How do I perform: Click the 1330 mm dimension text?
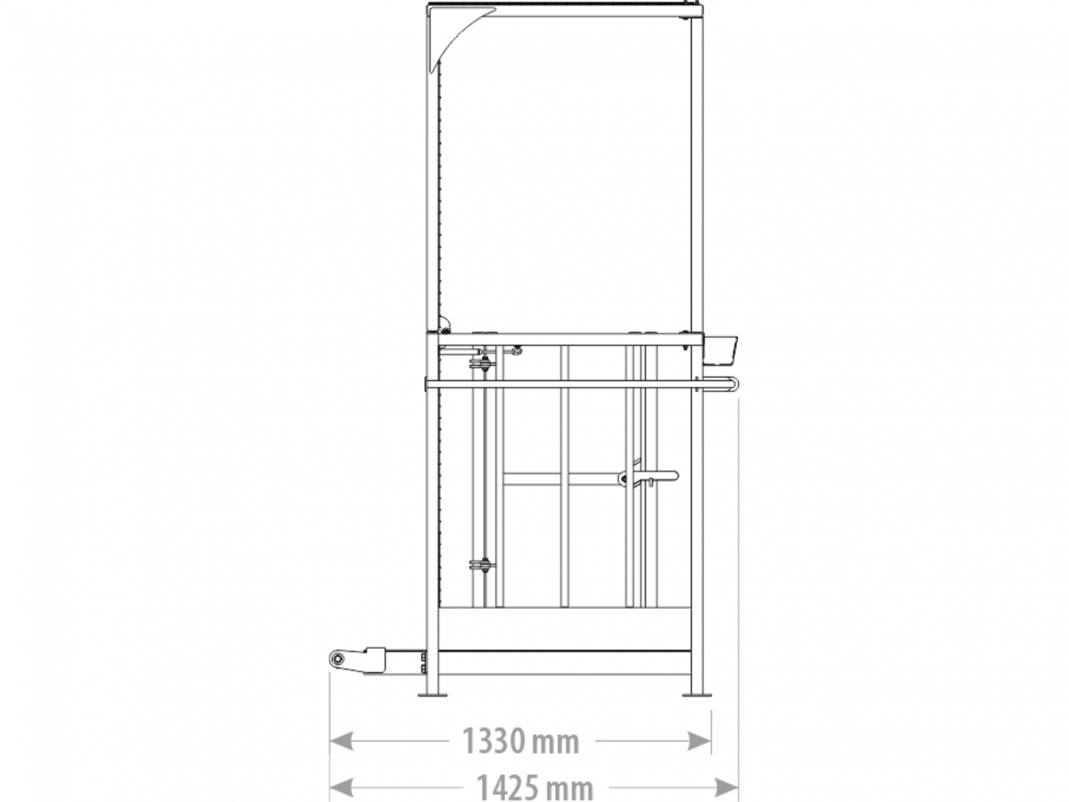(520, 741)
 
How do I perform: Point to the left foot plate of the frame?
(432, 694)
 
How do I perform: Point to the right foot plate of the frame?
(696, 694)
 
